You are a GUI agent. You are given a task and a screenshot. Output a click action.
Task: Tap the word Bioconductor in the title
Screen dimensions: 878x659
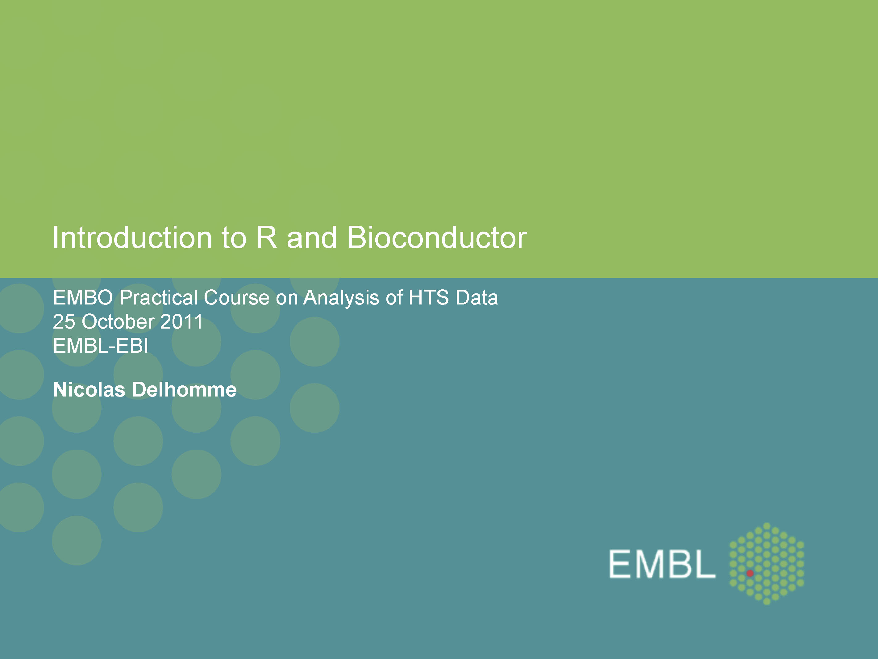click(x=437, y=237)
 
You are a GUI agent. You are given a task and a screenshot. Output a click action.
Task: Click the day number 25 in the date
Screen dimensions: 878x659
click(x=64, y=322)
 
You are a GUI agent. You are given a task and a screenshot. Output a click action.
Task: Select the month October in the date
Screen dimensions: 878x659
click(x=118, y=322)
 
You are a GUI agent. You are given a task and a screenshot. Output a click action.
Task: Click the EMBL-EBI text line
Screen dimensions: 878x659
click(x=101, y=346)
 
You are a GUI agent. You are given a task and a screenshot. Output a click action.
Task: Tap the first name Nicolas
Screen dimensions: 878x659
click(x=89, y=390)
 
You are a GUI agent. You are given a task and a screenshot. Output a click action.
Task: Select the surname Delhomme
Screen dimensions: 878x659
click(x=185, y=390)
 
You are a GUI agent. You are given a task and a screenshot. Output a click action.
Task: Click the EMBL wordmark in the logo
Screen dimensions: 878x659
click(x=662, y=564)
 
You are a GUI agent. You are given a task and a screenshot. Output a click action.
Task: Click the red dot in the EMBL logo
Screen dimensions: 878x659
click(x=750, y=573)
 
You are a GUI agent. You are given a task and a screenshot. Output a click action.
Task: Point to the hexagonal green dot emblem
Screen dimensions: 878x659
click(x=767, y=564)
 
